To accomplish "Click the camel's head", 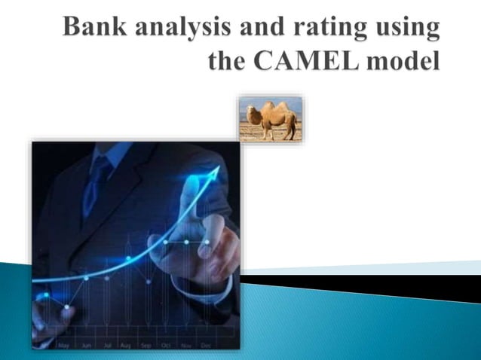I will tap(251, 111).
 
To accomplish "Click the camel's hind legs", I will tap(291, 132).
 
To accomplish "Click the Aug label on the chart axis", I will tap(125, 345).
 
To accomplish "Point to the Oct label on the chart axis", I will tap(166, 345).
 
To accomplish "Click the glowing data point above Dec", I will tap(207, 243).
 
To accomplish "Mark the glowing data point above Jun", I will tap(86, 278).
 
